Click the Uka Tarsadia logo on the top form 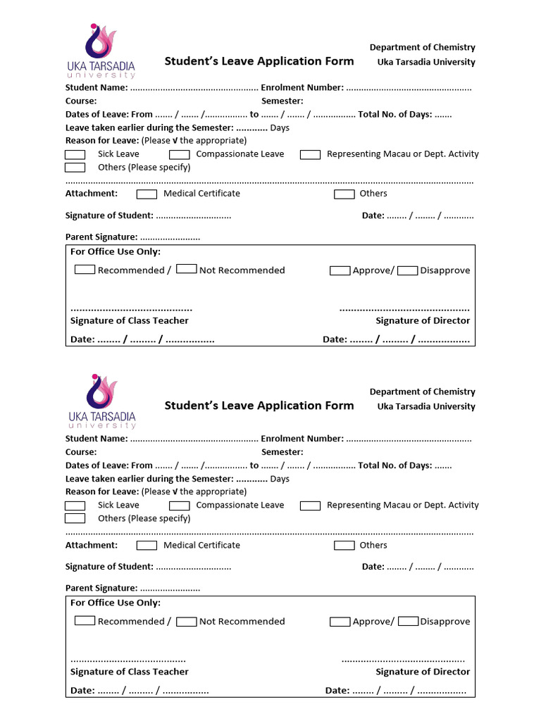[101, 51]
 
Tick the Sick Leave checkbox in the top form [75, 154]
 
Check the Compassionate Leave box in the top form [180, 154]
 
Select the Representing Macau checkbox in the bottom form [310, 506]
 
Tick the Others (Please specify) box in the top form [75, 168]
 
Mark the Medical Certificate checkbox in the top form [147, 194]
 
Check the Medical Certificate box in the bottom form [147, 545]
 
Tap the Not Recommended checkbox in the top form [186, 269]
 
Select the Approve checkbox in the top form [340, 270]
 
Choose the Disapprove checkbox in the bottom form [408, 622]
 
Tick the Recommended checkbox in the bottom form [85, 621]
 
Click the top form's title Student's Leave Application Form [259, 61]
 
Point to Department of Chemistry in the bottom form [423, 391]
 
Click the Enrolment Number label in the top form [302, 87]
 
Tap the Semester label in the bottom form [282, 452]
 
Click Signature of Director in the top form [423, 320]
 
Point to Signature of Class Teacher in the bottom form [130, 672]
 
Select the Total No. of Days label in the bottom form [395, 465]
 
